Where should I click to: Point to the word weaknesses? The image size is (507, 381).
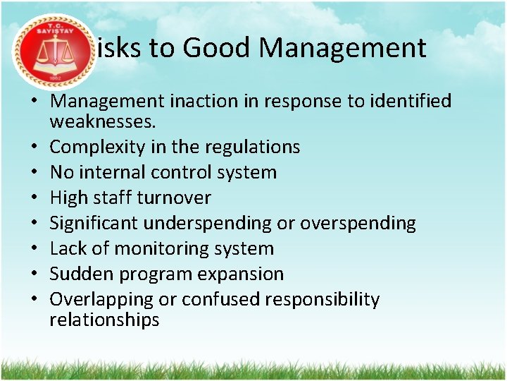click(103, 122)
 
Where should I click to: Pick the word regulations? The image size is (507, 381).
click(252, 147)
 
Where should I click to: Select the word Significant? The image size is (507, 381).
click(94, 223)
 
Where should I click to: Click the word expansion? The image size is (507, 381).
click(239, 274)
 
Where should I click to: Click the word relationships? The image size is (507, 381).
click(104, 320)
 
